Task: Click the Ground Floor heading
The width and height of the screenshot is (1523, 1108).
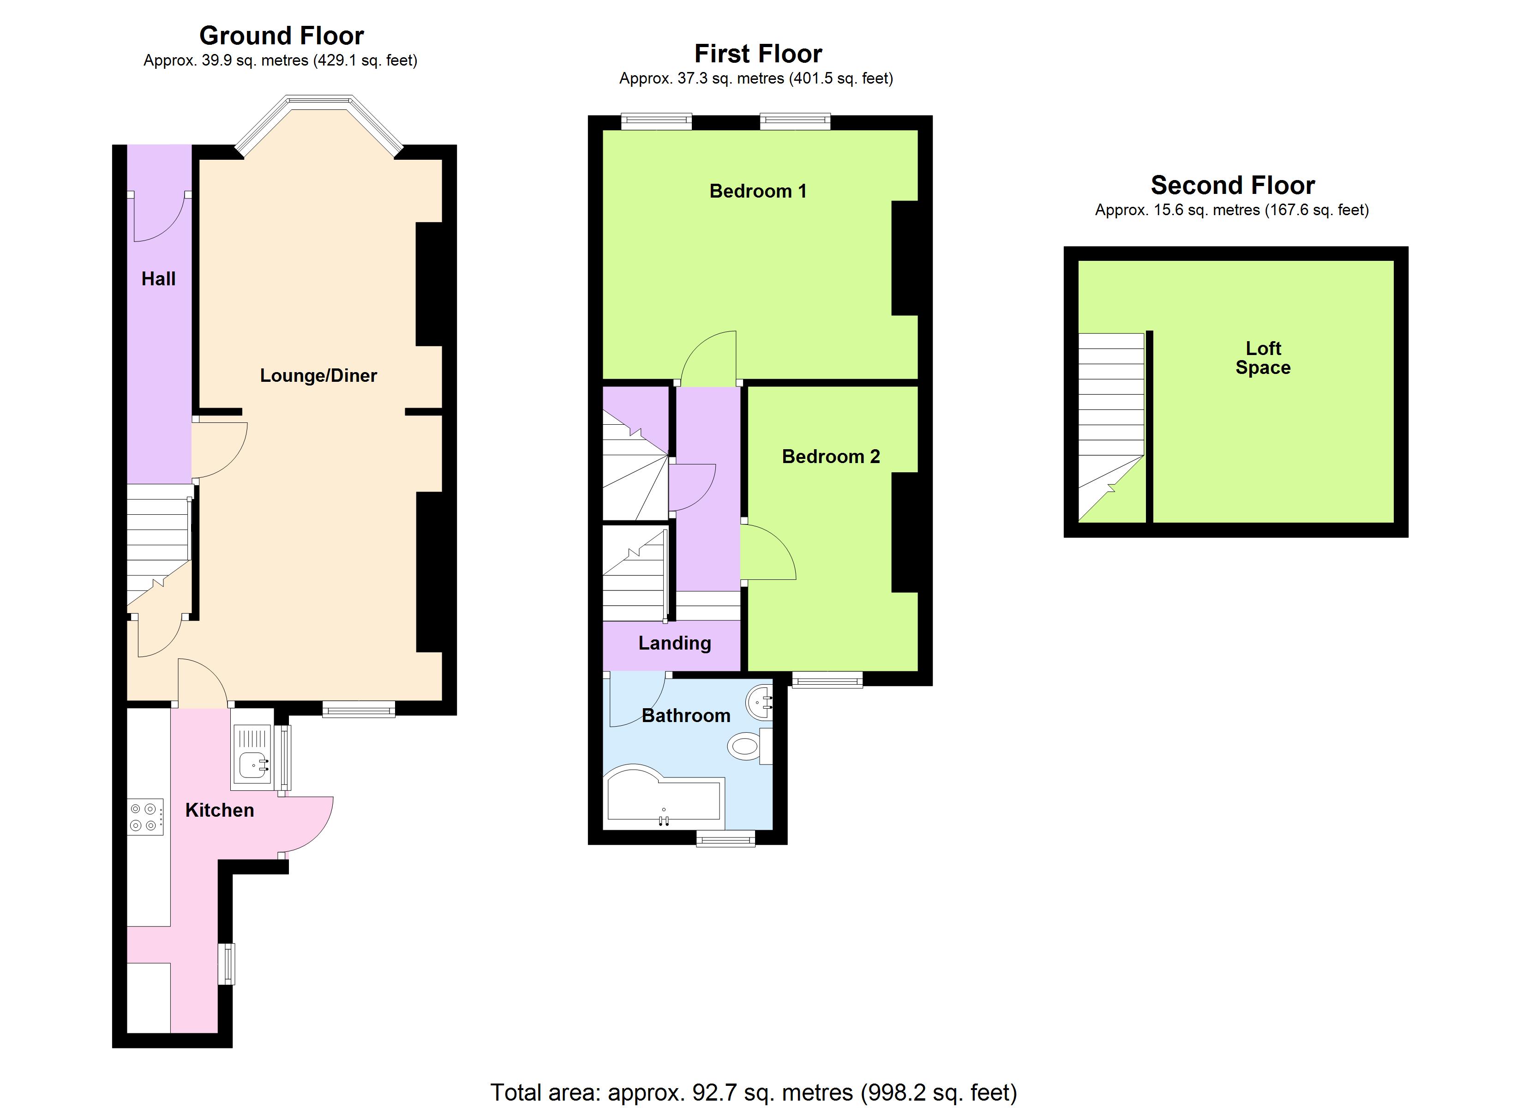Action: (282, 36)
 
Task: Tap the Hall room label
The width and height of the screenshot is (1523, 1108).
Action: (158, 279)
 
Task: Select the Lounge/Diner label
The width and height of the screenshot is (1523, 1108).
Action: (318, 376)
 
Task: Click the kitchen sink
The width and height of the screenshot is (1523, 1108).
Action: (254, 765)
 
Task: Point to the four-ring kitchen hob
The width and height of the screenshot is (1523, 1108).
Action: (145, 817)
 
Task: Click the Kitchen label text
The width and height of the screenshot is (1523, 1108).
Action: (220, 810)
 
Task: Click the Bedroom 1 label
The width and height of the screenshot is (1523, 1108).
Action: (757, 192)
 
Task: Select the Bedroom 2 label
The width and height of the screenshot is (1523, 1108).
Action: (831, 457)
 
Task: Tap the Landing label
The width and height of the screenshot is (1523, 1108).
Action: (674, 644)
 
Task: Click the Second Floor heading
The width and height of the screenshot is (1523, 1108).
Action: (1232, 186)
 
